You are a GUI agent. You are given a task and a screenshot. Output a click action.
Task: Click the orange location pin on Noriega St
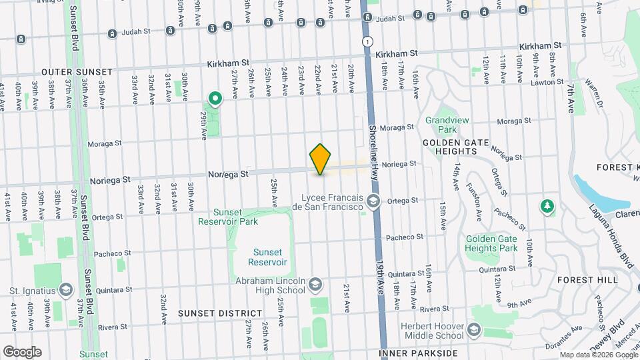coord(321,159)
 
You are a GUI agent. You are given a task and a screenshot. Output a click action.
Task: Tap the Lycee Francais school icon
coord(374,201)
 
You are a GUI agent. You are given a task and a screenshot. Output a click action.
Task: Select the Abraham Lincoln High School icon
coord(315,286)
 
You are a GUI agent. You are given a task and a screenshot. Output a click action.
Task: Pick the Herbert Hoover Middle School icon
coord(473,329)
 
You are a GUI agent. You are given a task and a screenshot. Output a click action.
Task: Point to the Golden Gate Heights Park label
coord(492,243)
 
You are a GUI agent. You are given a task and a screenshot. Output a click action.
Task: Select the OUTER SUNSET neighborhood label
coord(78,71)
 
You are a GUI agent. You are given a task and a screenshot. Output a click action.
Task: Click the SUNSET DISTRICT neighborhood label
coord(220,313)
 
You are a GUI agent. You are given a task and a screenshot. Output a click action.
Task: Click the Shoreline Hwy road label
coord(374,147)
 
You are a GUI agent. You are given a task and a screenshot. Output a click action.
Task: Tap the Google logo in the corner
coord(22,351)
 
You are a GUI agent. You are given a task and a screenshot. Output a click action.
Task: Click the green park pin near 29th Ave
coord(215,99)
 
